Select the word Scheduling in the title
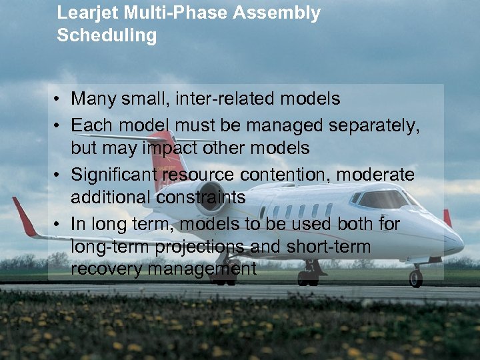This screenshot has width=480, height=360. pyautogui.click(x=107, y=35)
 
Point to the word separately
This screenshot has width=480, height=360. pyautogui.click(x=379, y=125)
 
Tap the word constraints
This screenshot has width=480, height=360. pyautogui.click(x=202, y=197)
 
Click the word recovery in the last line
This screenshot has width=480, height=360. pyautogui.click(x=101, y=269)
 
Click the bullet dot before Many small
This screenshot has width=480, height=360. pyautogui.click(x=59, y=100)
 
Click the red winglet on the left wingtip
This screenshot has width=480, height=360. pyautogui.click(x=24, y=217)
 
